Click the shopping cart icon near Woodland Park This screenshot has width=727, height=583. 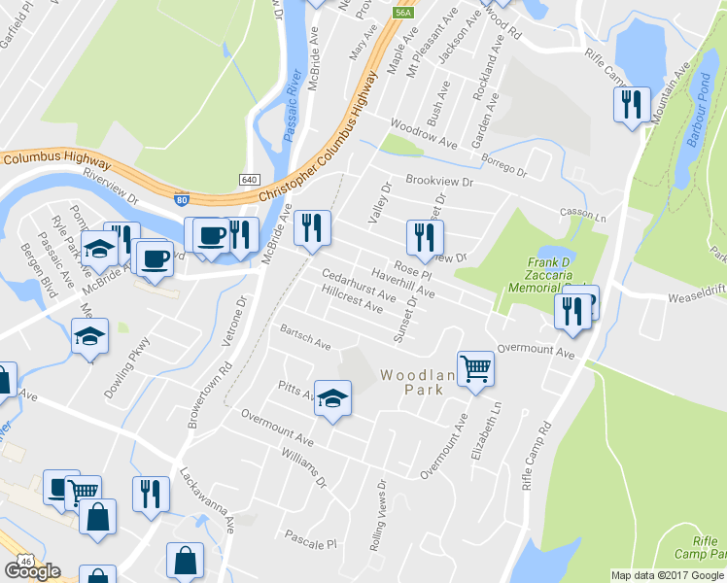(x=475, y=367)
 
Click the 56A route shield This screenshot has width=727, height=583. (x=404, y=13)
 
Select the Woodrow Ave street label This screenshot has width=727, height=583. (x=423, y=134)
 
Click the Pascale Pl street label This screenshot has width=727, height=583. (x=309, y=537)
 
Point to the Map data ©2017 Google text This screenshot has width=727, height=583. (x=667, y=575)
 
